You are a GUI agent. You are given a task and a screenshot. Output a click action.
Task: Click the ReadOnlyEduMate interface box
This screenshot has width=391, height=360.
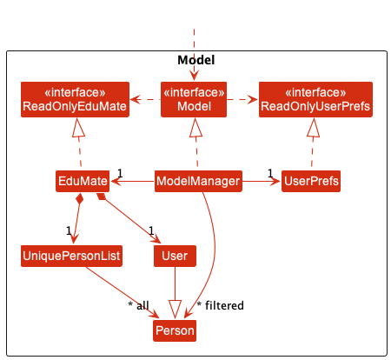tap(75, 99)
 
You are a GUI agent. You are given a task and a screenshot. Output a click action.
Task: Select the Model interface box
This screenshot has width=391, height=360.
tap(194, 99)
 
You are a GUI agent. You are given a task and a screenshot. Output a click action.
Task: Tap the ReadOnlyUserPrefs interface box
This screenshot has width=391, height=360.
tap(315, 99)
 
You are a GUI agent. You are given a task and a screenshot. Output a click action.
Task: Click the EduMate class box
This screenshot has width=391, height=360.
tap(83, 181)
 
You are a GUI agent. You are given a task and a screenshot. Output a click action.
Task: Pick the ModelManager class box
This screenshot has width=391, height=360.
tap(198, 181)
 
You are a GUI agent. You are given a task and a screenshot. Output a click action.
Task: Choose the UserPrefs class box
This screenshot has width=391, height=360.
tap(311, 181)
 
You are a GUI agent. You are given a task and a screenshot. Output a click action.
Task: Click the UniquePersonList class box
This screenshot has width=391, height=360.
tap(71, 256)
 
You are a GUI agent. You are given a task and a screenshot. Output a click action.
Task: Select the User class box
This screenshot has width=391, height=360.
tap(175, 256)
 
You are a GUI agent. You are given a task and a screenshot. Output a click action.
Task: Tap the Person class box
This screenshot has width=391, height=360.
tap(175, 330)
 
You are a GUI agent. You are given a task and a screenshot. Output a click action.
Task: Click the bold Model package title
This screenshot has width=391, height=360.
tap(196, 60)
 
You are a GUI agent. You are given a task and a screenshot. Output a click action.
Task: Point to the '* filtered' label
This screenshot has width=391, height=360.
tap(220, 305)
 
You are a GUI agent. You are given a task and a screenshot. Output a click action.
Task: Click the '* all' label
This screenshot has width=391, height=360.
tap(138, 305)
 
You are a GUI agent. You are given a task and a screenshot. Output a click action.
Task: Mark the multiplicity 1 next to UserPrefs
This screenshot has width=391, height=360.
tap(270, 173)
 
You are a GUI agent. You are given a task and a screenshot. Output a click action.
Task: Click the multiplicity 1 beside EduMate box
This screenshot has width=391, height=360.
tap(120, 173)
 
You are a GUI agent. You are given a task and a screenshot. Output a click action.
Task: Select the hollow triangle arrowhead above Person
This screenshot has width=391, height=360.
tap(175, 310)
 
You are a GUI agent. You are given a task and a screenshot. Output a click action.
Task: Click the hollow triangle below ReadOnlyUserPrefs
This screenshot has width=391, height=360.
tap(314, 128)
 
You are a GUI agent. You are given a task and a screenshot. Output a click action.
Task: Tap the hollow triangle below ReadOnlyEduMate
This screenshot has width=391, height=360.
tap(78, 128)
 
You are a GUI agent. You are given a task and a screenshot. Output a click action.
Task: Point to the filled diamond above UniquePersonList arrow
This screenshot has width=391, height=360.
tap(79, 199)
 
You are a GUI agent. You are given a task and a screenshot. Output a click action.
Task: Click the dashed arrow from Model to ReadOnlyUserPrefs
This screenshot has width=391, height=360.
tap(242, 99)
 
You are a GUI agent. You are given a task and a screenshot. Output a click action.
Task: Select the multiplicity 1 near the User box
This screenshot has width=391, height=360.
tap(151, 230)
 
